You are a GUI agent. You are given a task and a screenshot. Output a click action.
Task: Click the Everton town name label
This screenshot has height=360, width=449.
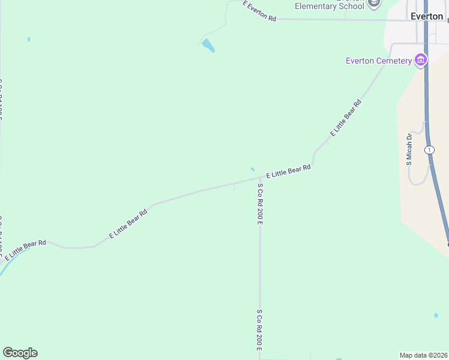point(426,16)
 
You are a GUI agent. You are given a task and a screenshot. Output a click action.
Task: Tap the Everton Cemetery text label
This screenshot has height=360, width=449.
point(378,61)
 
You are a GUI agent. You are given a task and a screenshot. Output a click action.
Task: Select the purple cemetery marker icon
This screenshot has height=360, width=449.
point(421,60)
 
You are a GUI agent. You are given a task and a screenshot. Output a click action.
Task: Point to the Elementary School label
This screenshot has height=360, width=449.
point(329,6)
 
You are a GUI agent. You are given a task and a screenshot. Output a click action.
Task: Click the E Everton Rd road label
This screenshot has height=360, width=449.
point(259,11)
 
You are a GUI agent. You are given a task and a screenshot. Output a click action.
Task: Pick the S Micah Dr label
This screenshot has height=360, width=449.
point(409,149)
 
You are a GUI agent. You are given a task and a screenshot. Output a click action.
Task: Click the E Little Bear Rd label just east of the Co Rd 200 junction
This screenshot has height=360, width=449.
point(288,172)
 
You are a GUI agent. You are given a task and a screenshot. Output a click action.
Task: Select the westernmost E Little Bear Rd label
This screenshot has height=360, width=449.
point(25,250)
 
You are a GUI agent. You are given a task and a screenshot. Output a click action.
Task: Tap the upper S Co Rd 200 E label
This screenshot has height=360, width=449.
point(260,203)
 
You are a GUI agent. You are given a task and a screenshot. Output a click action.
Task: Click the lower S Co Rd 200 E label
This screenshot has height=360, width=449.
point(260,331)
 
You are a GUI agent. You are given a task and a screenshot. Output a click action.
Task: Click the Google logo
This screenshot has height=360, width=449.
point(20,353)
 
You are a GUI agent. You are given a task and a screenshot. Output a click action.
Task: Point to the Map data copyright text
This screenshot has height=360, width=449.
point(424,355)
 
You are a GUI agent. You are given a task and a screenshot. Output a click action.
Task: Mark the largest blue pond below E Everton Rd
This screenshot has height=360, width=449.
point(208,45)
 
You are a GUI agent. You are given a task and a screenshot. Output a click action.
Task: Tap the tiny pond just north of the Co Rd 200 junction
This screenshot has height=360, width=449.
point(252,169)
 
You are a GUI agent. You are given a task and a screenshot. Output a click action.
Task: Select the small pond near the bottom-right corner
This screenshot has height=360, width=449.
point(436,315)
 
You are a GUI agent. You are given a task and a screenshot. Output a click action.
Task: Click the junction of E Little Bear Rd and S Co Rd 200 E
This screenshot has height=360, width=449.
point(260,178)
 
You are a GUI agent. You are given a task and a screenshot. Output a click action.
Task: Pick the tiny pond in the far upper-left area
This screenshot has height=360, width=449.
point(28,40)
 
